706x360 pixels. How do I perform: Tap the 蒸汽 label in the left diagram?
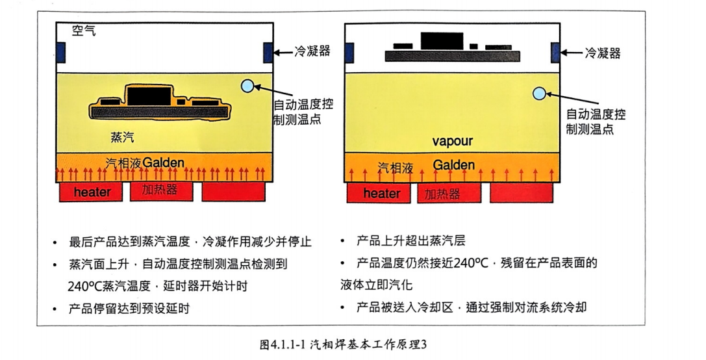point(123,137)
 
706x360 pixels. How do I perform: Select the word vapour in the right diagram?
point(453,141)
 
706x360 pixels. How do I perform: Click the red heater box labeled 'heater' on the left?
point(92,192)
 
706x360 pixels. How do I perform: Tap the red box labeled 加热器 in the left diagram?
point(162,190)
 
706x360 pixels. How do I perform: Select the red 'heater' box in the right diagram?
point(382,194)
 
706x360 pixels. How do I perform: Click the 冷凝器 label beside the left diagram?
point(312,51)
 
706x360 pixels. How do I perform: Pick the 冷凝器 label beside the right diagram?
point(602,52)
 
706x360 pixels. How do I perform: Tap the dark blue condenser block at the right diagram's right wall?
point(555,53)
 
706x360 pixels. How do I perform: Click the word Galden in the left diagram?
point(164,162)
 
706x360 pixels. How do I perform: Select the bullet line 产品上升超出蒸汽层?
point(410,242)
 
